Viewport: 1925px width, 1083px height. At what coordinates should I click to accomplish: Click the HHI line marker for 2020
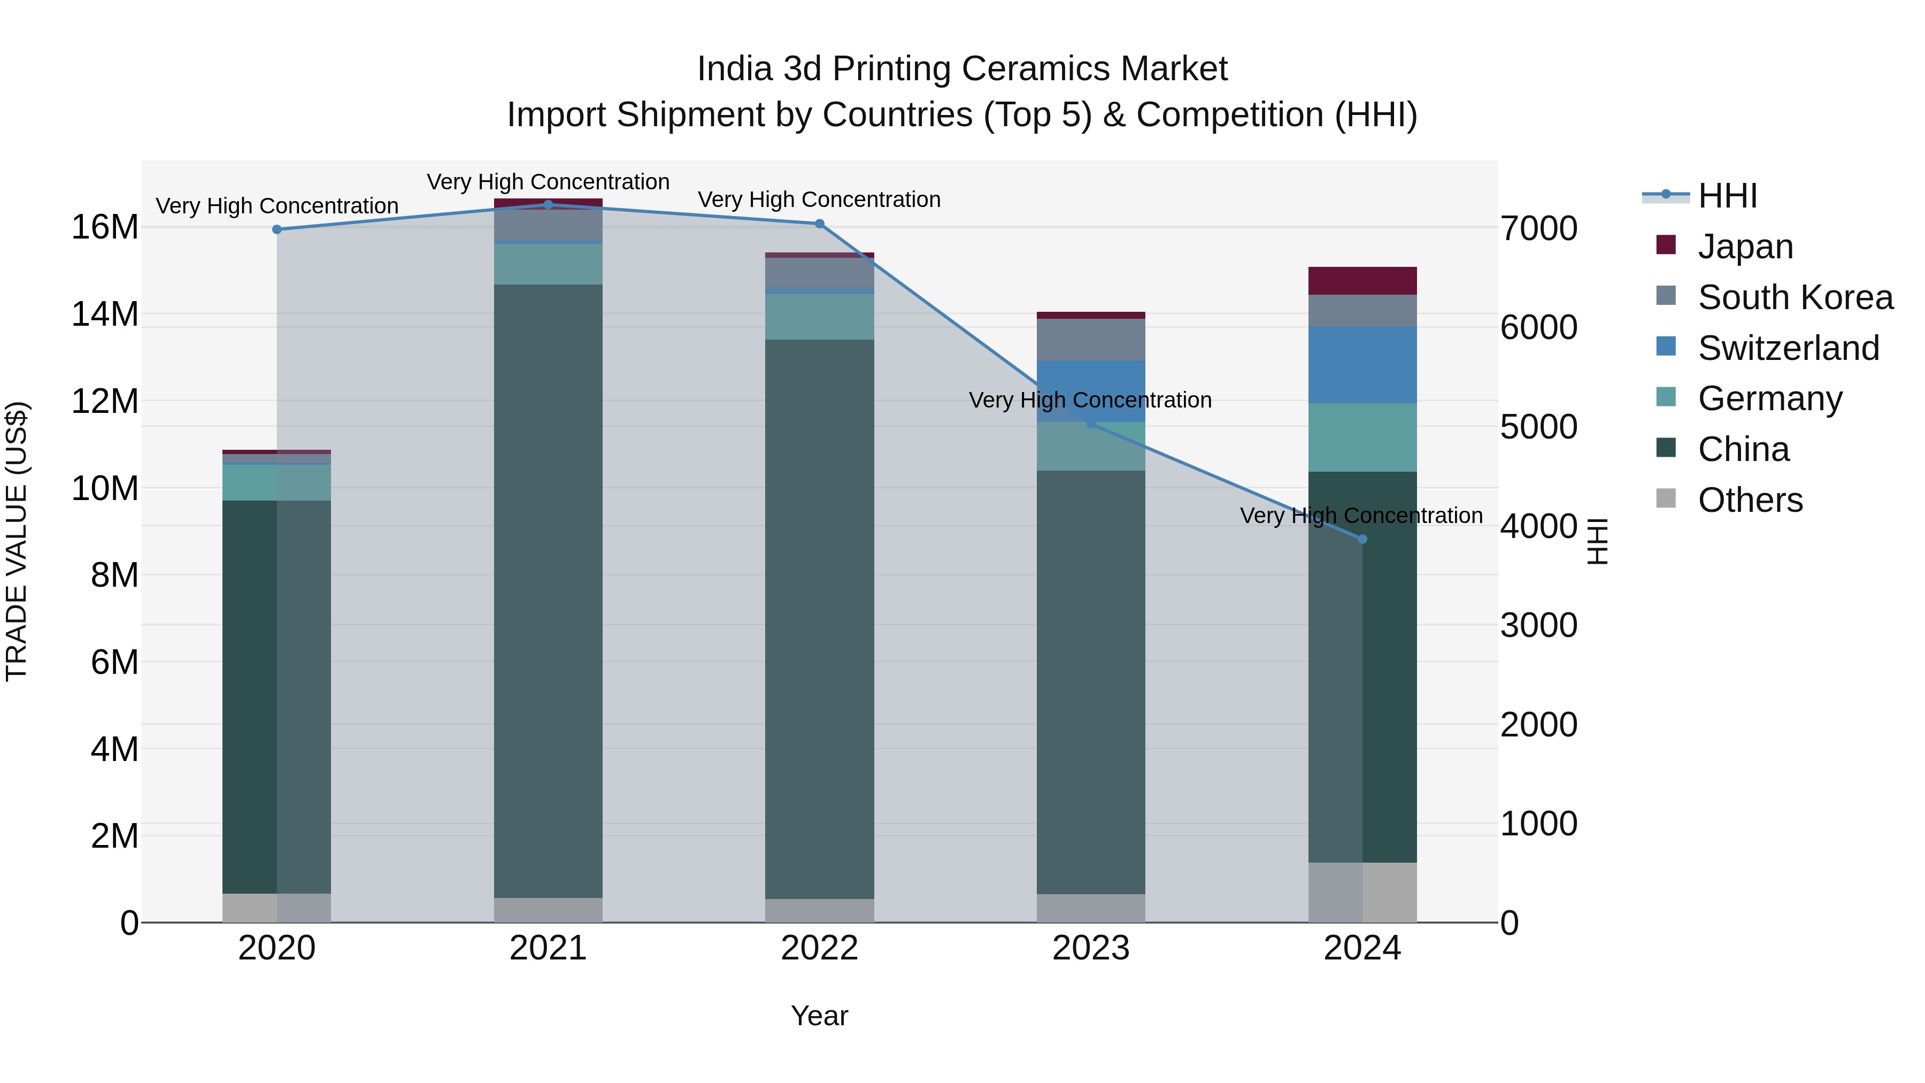(276, 229)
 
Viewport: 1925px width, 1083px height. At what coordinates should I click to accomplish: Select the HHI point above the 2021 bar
(548, 204)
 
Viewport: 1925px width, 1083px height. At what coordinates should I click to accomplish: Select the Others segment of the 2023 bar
(1090, 908)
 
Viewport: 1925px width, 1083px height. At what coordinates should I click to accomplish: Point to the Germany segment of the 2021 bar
(548, 264)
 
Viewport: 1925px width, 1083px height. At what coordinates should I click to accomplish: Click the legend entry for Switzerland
(1788, 348)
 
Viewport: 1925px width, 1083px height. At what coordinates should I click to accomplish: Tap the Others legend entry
(1750, 500)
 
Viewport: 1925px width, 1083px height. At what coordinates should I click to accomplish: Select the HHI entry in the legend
(1727, 196)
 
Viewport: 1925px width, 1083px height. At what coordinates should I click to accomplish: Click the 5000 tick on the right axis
(1538, 427)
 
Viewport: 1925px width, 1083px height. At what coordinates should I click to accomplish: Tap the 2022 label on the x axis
(819, 948)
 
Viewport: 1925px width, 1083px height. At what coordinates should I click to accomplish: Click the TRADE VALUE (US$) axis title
(17, 541)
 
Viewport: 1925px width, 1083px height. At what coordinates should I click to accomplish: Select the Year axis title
(819, 1016)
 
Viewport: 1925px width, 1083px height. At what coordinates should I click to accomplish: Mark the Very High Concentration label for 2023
(1090, 400)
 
